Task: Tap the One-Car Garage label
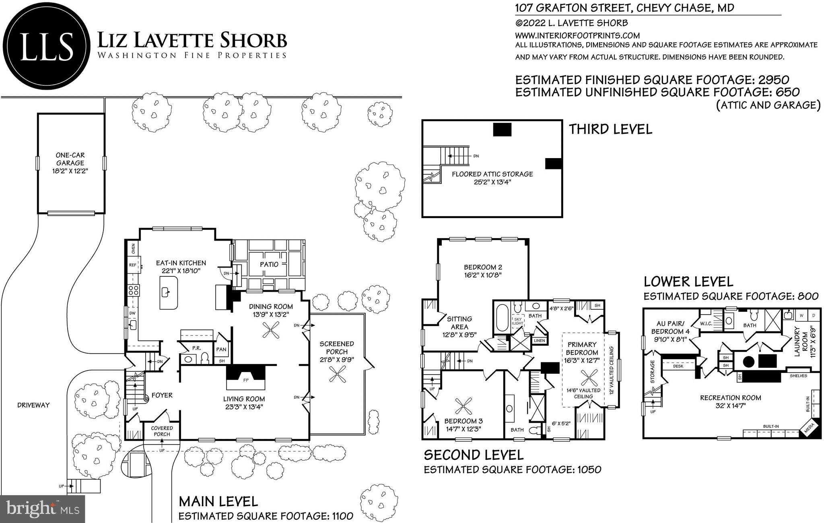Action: (70, 159)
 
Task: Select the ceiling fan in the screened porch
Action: (337, 376)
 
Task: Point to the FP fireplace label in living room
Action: (246, 379)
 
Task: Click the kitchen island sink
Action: (166, 291)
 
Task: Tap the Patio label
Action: (269, 264)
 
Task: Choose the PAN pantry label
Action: (221, 349)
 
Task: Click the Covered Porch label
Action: (162, 431)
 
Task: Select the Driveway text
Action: (33, 405)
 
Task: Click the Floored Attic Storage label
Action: (492, 174)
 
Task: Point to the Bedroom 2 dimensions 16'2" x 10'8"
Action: (483, 275)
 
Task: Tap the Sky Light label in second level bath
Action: (517, 321)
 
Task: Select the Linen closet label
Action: (539, 341)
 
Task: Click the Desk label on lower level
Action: (678, 366)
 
